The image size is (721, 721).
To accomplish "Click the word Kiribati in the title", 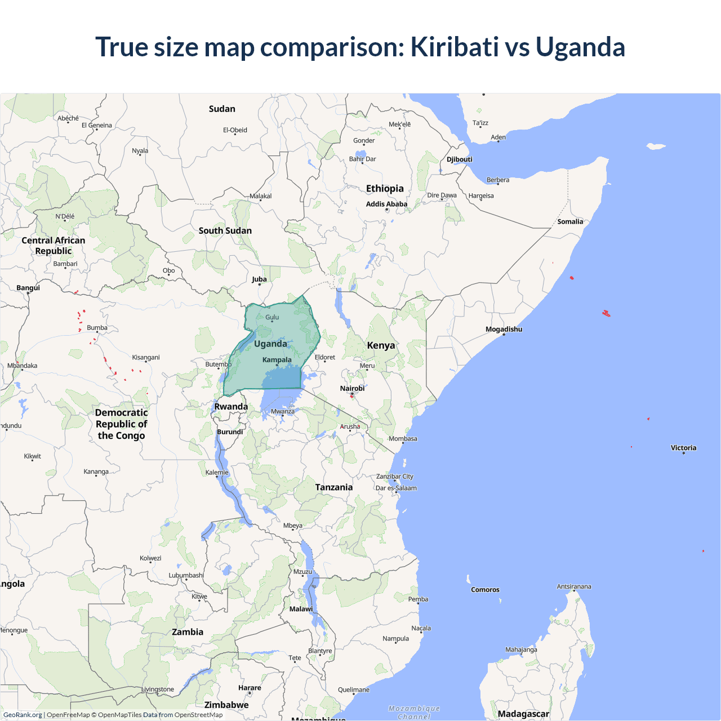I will tap(455, 47).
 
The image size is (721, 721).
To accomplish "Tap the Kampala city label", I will tap(277, 360).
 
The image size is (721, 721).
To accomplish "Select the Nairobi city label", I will tap(352, 389).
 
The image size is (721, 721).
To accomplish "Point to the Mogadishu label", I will tap(504, 330).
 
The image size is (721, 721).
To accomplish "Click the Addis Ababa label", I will tap(386, 204).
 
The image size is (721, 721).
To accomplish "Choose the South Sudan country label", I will tap(225, 231).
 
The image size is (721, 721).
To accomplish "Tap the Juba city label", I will tap(259, 279).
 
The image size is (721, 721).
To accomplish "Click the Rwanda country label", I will tap(231, 407).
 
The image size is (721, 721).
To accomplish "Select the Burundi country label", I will tap(230, 432).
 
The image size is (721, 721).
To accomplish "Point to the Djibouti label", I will tap(459, 159).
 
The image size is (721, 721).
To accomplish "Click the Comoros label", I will tap(485, 590).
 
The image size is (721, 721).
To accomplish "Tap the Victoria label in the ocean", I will tap(683, 448).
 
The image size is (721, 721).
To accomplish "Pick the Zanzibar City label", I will tap(394, 477).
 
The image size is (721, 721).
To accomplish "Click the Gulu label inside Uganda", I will tap(272, 318).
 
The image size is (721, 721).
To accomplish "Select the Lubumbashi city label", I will tap(186, 576).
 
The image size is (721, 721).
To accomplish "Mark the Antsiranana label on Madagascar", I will tap(573, 587).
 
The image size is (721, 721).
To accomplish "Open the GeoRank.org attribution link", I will tap(23, 715).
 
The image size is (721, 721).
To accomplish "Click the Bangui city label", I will tap(28, 288).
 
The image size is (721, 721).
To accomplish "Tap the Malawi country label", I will tap(301, 609).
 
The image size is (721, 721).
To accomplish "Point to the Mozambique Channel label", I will tap(414, 713).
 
